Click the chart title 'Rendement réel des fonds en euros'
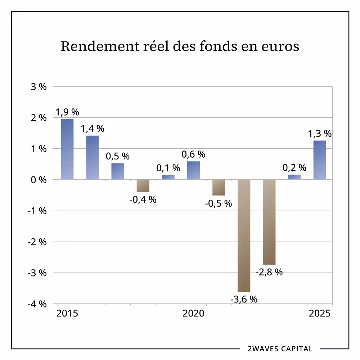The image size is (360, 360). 180,47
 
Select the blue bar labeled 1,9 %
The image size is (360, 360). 67,149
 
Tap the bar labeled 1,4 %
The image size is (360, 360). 92,157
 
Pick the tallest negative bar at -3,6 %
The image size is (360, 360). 244,236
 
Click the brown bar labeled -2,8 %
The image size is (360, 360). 269,222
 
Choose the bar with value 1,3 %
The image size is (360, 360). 320,160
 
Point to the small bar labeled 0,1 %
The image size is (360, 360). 168,177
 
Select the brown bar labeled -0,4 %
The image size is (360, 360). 143,186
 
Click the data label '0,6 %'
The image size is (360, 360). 193,154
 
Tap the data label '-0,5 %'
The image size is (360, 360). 219,203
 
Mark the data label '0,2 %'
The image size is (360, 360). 294,168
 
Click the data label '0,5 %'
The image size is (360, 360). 117,157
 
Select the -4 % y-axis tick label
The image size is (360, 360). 37,304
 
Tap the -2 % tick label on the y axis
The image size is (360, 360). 37,242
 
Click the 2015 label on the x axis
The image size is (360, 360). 67,314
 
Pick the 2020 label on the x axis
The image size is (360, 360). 193,314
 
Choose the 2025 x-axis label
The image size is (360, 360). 320,314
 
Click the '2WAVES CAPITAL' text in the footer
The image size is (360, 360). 280,349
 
